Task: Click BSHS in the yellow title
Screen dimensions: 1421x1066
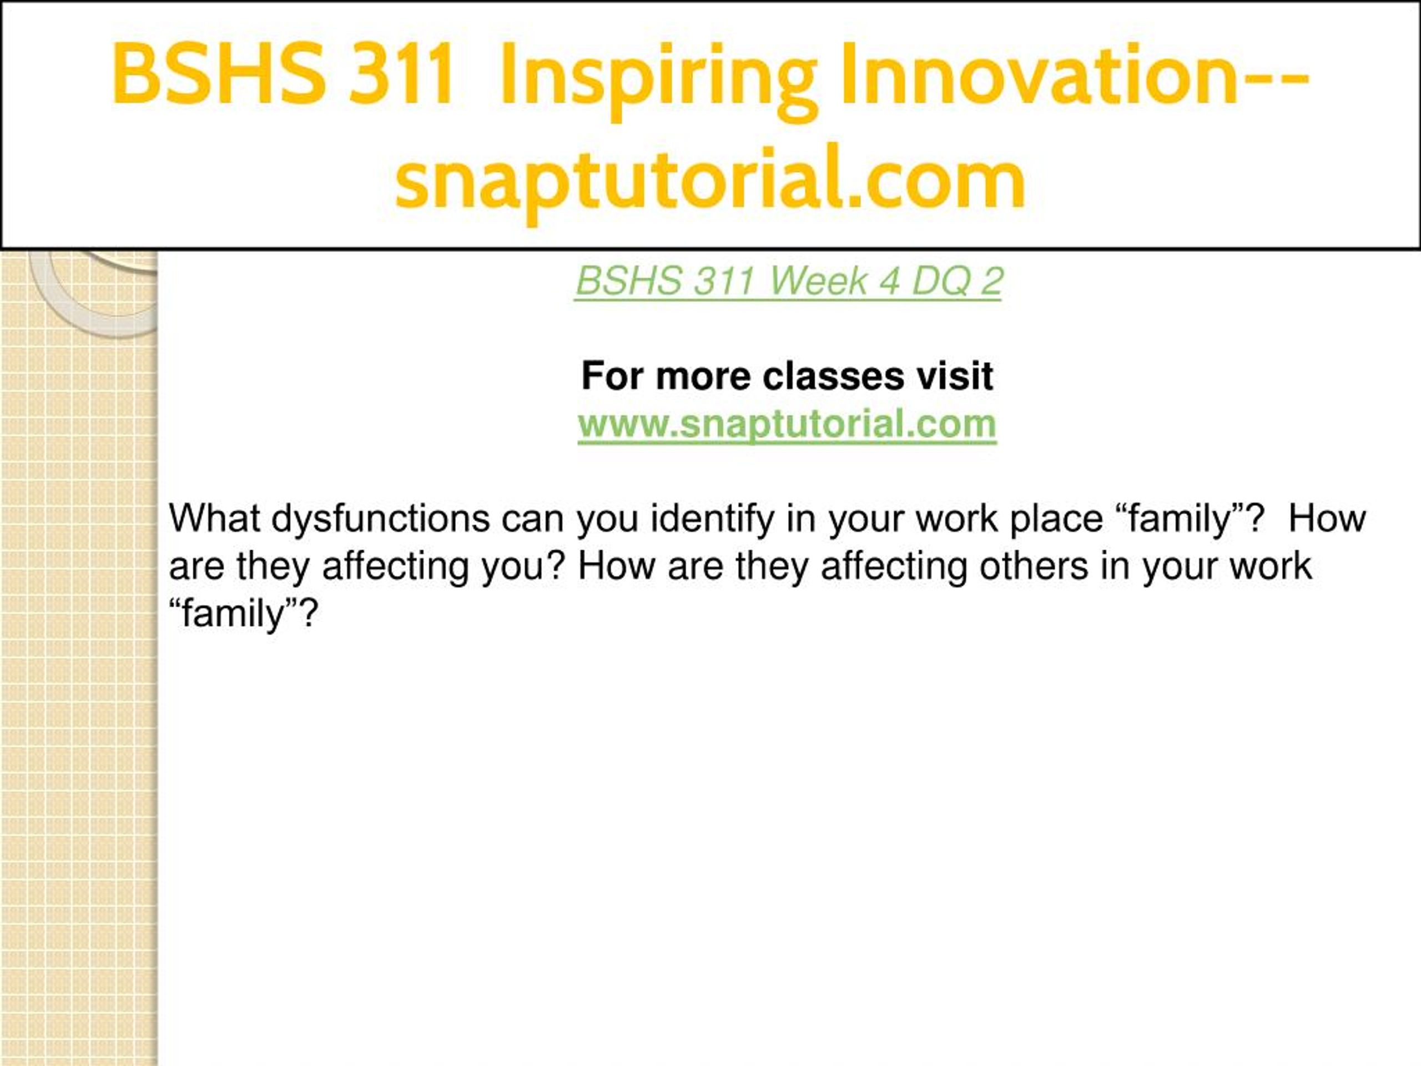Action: (x=218, y=73)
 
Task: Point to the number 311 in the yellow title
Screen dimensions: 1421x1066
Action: (x=401, y=73)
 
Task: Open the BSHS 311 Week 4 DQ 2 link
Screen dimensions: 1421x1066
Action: (x=788, y=281)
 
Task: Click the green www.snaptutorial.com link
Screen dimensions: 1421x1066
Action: (x=787, y=425)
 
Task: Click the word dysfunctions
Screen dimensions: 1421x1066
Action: (x=380, y=519)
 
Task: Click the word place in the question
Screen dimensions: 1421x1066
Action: (x=1056, y=519)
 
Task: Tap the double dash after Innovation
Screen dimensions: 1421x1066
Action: (x=1275, y=77)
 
